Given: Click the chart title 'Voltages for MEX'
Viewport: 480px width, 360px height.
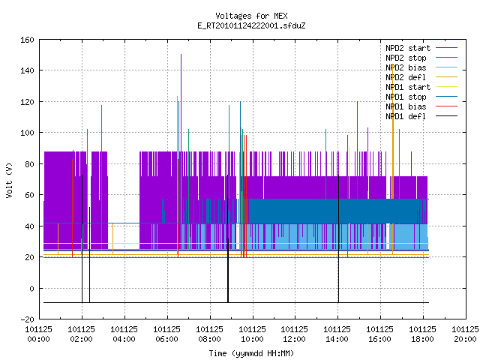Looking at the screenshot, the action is pyautogui.click(x=251, y=16).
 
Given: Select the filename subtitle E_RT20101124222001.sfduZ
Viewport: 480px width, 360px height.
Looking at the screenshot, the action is pyautogui.click(x=251, y=25).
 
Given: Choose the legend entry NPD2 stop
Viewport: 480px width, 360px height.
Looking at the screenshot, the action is pyautogui.click(x=406, y=58).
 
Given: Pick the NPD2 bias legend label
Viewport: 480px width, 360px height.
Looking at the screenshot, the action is pyautogui.click(x=406, y=67).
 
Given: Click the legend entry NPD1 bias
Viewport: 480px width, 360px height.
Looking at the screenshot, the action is pyautogui.click(x=406, y=106).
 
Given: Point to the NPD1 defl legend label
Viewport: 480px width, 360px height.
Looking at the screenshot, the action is pyautogui.click(x=406, y=116).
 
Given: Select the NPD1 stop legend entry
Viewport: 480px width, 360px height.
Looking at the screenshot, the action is pyautogui.click(x=406, y=97).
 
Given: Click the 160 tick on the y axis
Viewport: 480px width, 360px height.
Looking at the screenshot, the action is pyautogui.click(x=27, y=40).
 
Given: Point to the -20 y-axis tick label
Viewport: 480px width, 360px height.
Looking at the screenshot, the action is pyautogui.click(x=27, y=319).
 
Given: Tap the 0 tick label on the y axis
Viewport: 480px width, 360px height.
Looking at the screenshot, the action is pyautogui.click(x=31, y=288).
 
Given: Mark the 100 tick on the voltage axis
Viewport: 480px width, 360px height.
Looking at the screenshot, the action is pyautogui.click(x=27, y=133).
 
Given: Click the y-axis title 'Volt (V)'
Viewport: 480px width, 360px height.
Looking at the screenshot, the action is pyautogui.click(x=10, y=181).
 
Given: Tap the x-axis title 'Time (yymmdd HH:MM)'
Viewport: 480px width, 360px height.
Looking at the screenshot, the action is pyautogui.click(x=251, y=353).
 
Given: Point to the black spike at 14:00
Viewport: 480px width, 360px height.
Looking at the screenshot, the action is pyautogui.click(x=338, y=238).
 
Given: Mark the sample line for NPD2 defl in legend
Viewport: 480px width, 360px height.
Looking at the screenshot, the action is pyautogui.click(x=447, y=77).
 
